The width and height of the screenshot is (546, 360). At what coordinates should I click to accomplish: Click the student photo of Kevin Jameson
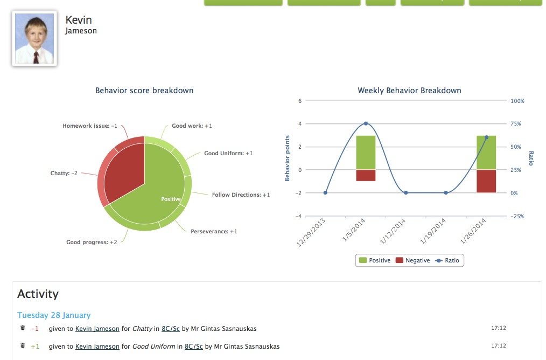(x=34, y=38)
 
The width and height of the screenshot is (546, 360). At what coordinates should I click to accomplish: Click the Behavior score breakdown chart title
(x=144, y=91)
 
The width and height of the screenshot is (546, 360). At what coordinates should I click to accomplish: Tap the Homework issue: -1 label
(x=90, y=126)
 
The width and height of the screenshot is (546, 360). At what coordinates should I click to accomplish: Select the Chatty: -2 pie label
(x=64, y=173)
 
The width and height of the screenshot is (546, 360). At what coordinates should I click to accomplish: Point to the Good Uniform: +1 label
(x=228, y=154)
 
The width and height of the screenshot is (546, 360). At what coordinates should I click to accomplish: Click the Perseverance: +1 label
(x=214, y=231)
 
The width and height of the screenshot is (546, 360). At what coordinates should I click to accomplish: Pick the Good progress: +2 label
(x=92, y=242)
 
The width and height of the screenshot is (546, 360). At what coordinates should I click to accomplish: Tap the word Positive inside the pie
(x=171, y=199)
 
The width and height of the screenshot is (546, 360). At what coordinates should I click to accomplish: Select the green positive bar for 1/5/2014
(x=366, y=153)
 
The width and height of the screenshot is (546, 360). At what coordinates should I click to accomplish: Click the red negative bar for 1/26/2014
(x=486, y=181)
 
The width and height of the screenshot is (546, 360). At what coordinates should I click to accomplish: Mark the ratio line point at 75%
(x=366, y=123)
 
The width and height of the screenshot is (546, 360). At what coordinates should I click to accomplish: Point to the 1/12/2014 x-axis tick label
(x=393, y=231)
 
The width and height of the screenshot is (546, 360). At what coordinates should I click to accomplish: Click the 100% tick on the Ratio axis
(x=517, y=101)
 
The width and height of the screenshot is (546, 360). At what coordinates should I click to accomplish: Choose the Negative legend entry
(x=413, y=260)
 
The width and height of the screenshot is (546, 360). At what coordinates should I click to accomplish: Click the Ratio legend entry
(x=447, y=260)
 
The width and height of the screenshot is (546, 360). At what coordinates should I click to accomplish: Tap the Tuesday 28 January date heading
(x=54, y=315)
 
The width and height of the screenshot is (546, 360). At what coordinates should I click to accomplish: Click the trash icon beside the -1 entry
(x=23, y=328)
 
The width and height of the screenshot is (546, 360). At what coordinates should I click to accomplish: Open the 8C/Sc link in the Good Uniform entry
(x=194, y=347)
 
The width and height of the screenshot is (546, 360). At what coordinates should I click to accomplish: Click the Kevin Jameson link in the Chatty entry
(x=97, y=329)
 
